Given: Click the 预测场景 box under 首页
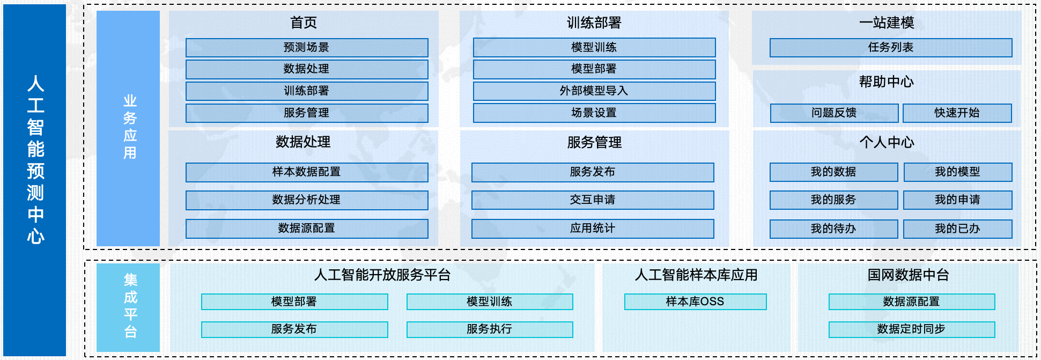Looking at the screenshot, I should pyautogui.click(x=307, y=47).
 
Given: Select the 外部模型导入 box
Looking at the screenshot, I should pyautogui.click(x=594, y=91).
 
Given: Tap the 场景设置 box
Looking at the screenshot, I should pyautogui.click(x=594, y=113).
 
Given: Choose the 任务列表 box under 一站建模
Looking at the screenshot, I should pyautogui.click(x=890, y=47).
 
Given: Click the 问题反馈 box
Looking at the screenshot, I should pyautogui.click(x=834, y=113).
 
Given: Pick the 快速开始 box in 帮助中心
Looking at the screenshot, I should pyautogui.click(x=957, y=113).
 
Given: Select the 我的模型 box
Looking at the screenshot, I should pyautogui.click(x=957, y=172).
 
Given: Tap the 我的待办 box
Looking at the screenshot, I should pyautogui.click(x=833, y=229).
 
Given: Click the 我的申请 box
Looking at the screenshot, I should pyautogui.click(x=957, y=200).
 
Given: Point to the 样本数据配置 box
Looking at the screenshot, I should pyautogui.click(x=307, y=172).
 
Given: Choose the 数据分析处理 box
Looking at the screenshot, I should pyautogui.click(x=307, y=200).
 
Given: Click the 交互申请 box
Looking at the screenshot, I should pyautogui.click(x=593, y=200).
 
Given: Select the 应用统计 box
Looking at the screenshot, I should pyautogui.click(x=593, y=228).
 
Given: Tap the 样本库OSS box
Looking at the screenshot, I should pyautogui.click(x=695, y=302).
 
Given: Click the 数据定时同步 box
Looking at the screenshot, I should pyautogui.click(x=911, y=329).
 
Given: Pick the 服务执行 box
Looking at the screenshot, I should pyautogui.click(x=489, y=329).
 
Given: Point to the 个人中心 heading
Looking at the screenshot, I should pyautogui.click(x=887, y=142).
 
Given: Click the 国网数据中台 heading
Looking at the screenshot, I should pyautogui.click(x=908, y=275).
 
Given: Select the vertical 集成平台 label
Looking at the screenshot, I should pyautogui.click(x=130, y=306).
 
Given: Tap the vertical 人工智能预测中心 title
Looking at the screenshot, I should pyautogui.click(x=35, y=160).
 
